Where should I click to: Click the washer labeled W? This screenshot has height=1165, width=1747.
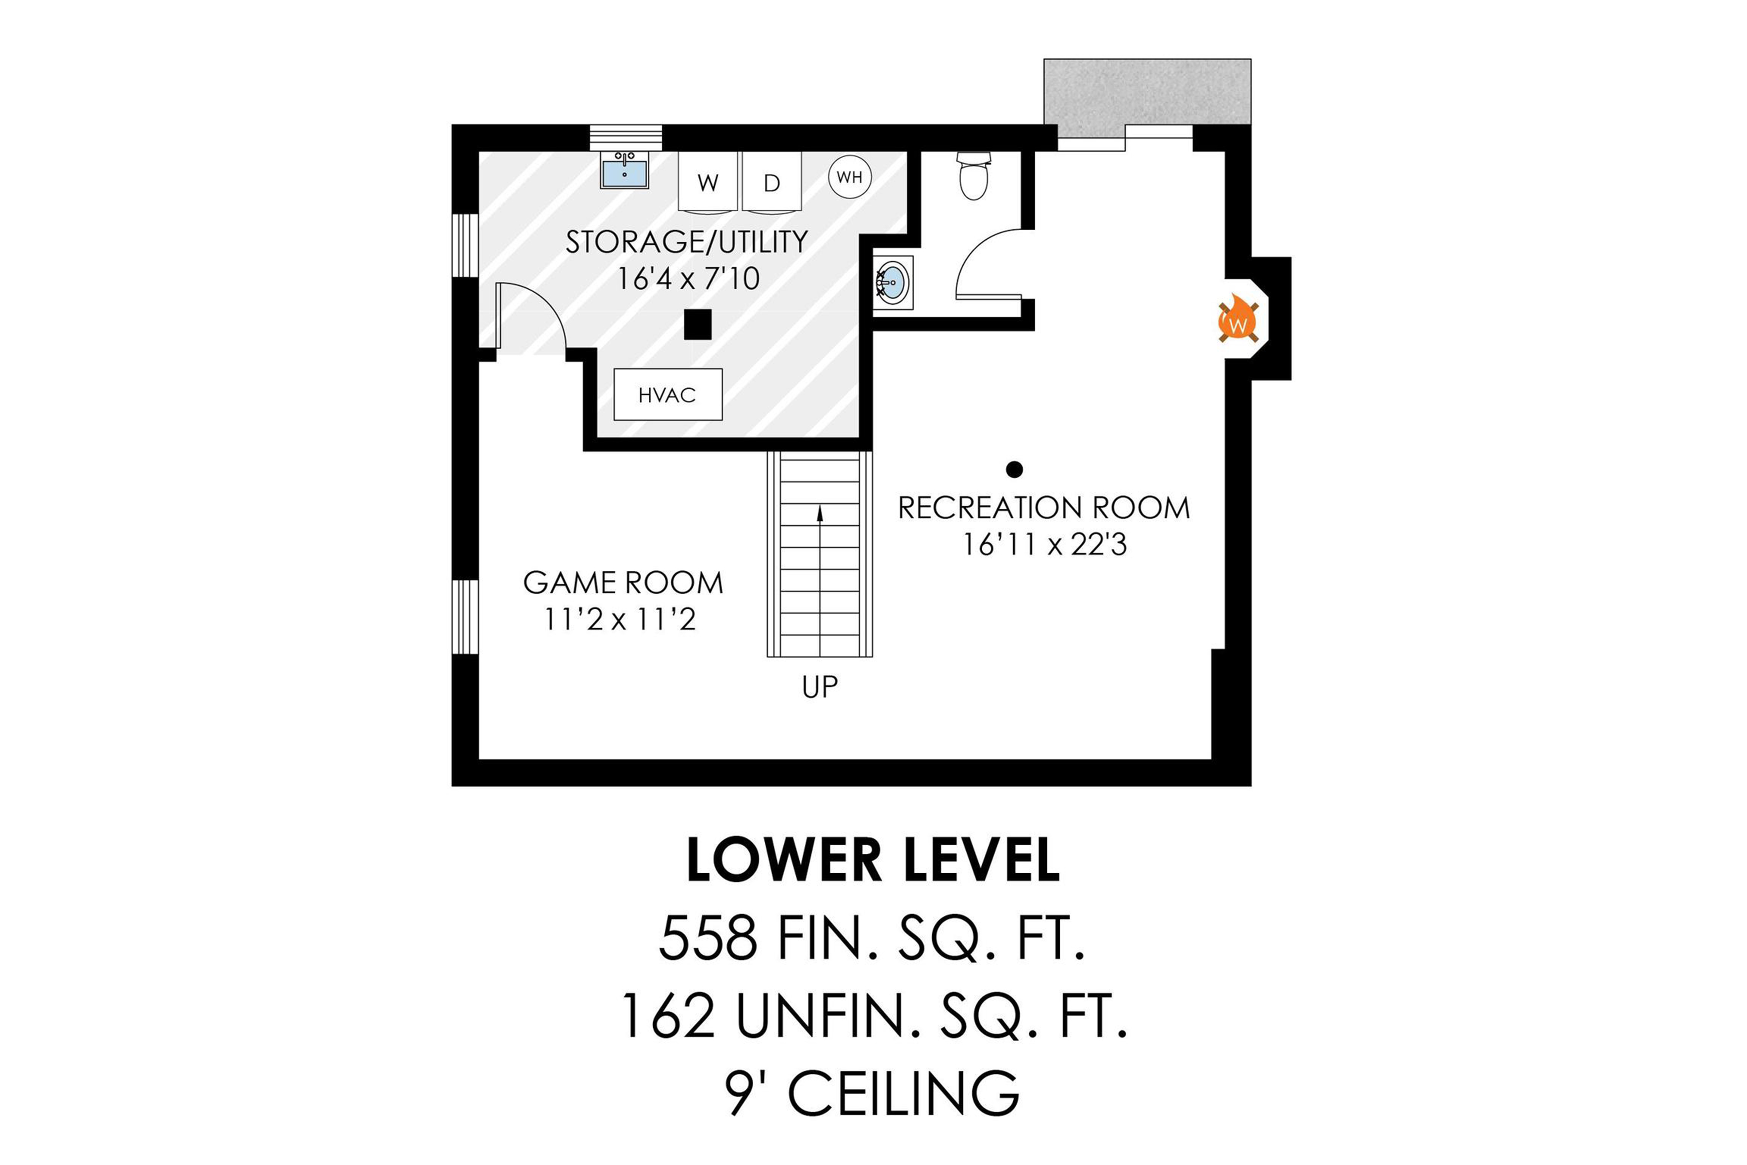(708, 182)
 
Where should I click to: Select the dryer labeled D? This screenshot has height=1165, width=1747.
(772, 182)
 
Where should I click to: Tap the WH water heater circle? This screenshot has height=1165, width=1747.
(850, 177)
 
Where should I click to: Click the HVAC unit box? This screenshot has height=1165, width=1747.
(667, 395)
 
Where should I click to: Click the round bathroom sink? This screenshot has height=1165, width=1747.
(894, 283)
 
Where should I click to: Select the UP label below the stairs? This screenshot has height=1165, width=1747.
(820, 687)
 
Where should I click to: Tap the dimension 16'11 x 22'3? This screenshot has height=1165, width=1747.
(1044, 545)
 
